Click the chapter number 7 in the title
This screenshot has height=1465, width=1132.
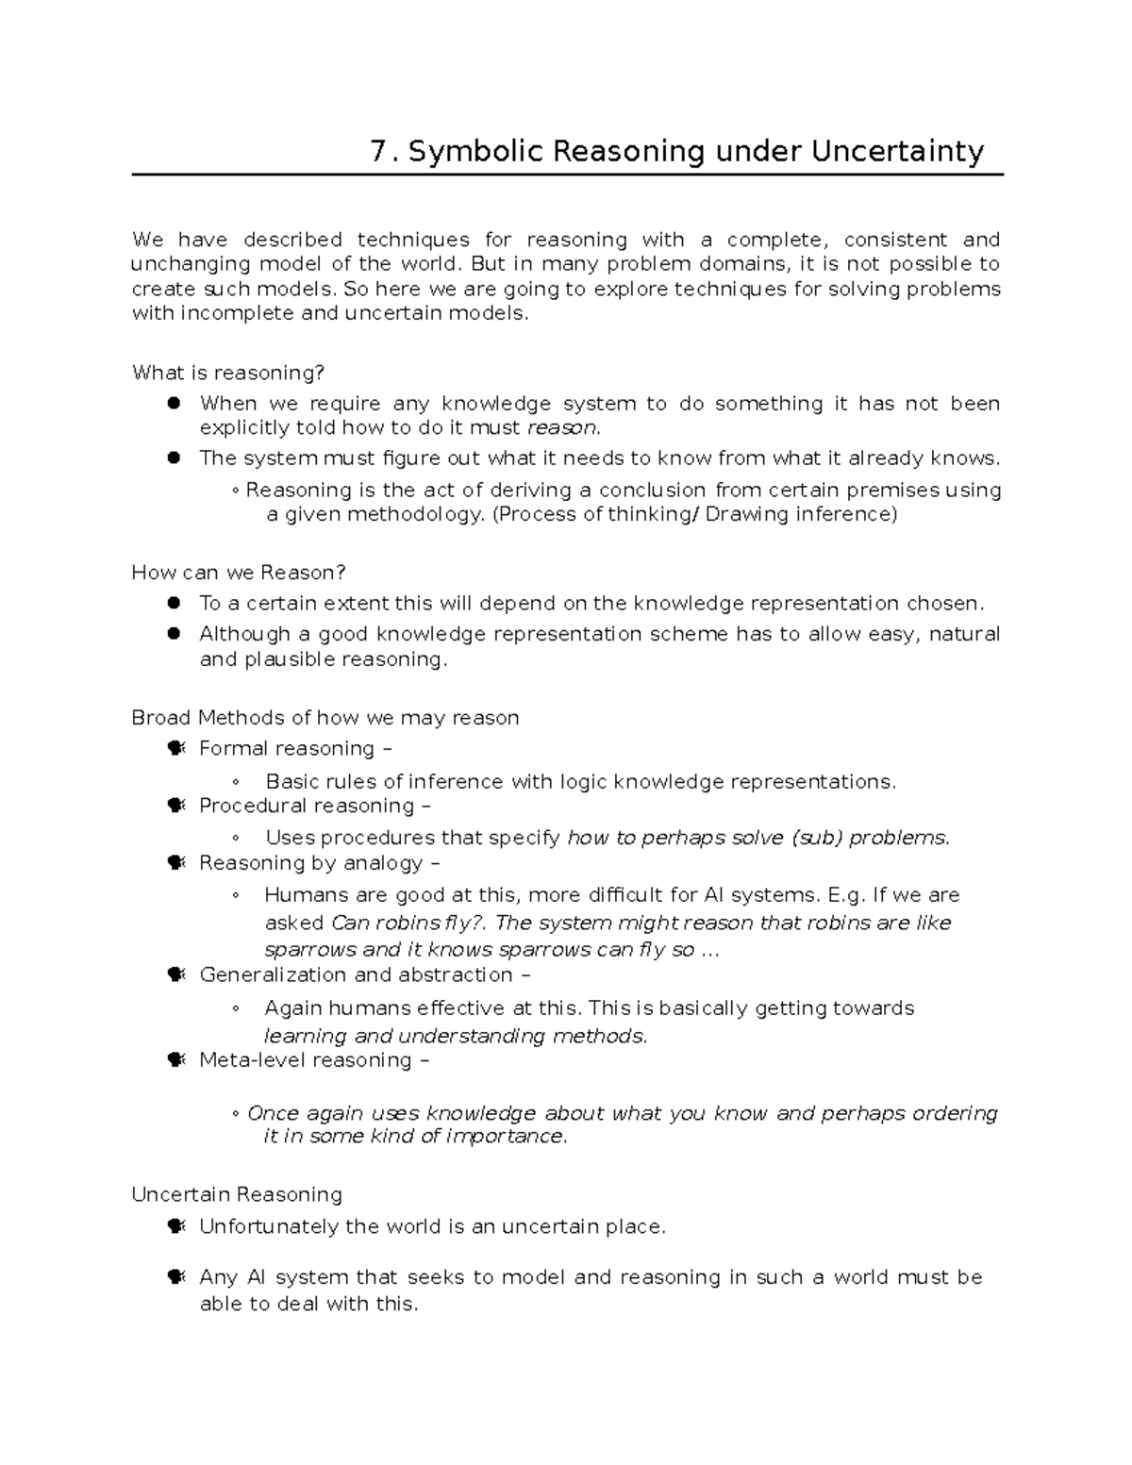tap(379, 152)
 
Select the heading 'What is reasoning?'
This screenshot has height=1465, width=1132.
tap(228, 374)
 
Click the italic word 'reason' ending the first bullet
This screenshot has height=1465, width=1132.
tap(561, 428)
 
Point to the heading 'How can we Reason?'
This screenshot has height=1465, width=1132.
tap(239, 573)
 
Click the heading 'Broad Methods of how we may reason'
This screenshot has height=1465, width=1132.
tap(325, 718)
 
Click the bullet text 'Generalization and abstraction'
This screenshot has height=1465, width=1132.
tap(356, 974)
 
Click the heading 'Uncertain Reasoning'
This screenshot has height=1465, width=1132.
tap(237, 1195)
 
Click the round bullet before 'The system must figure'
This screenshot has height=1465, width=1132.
tap(174, 458)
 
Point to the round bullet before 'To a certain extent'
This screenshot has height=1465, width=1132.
tap(174, 604)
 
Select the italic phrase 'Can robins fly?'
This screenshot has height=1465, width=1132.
tap(409, 923)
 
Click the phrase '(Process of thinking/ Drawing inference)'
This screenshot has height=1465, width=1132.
tap(694, 515)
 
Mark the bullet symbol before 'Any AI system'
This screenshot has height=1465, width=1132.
tap(175, 1277)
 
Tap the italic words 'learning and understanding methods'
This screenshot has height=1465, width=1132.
tap(455, 1036)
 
